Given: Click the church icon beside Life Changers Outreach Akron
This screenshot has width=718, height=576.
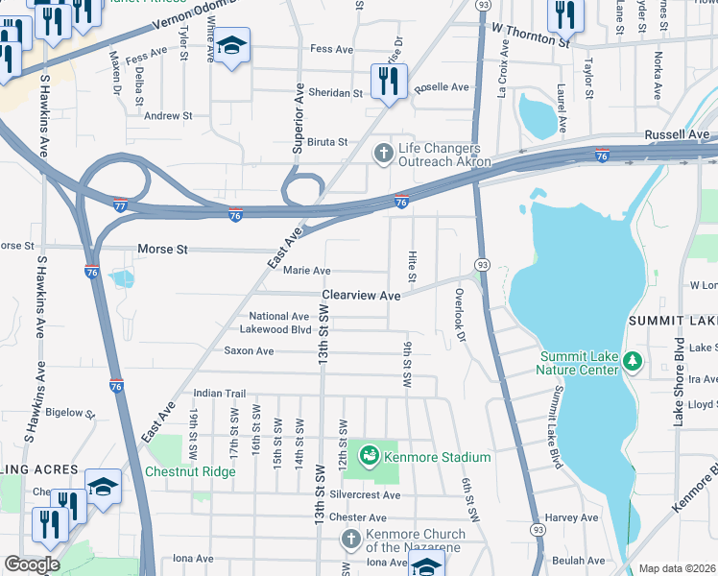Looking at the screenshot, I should click(x=384, y=153).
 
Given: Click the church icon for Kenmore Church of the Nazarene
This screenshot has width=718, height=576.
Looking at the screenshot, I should click(x=351, y=540).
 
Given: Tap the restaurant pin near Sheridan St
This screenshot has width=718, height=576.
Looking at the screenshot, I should click(x=389, y=82).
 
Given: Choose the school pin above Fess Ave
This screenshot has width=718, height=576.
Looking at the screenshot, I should click(x=231, y=46).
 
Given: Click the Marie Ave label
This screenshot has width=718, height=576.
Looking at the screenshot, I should click(x=307, y=272).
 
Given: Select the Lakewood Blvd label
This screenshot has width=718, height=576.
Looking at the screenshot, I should click(x=275, y=329).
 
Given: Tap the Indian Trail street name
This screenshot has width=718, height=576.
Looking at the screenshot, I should click(x=220, y=394).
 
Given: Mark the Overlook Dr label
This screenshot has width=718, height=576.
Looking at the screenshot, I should click(x=460, y=315).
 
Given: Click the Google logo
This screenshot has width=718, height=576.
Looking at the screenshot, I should click(x=32, y=564).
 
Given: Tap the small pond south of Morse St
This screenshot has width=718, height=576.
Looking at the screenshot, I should click(x=122, y=279).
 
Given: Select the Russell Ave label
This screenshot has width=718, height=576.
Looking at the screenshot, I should click(x=677, y=134).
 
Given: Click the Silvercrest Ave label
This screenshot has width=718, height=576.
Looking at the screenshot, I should click(x=364, y=494).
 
